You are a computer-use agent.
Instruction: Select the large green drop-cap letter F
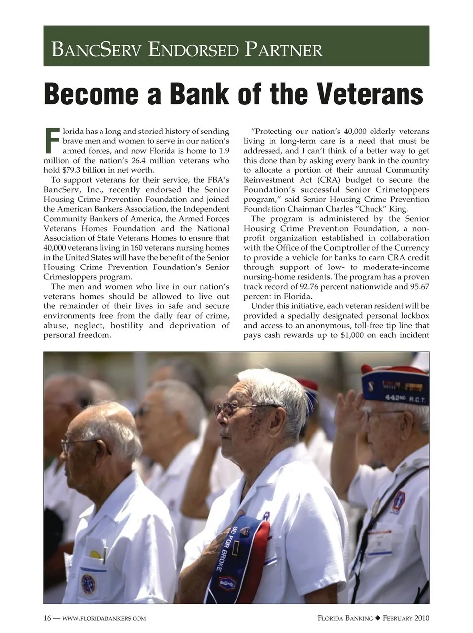52,140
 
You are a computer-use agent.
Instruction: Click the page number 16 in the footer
47,618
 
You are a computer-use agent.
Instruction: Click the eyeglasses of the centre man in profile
232,409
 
